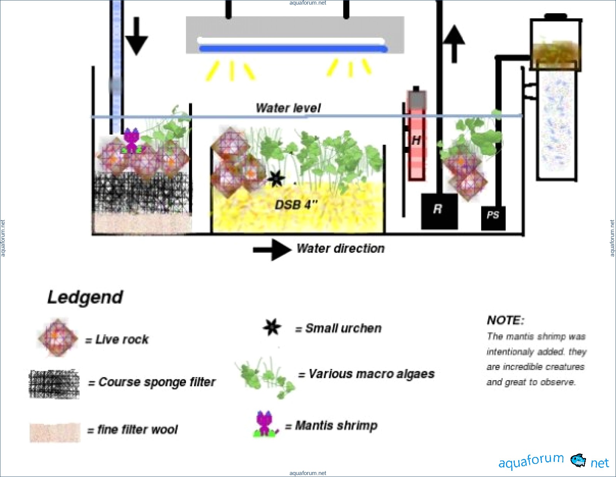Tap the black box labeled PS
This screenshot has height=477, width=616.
pyautogui.click(x=493, y=218)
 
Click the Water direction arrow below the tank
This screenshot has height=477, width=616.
pyautogui.click(x=272, y=249)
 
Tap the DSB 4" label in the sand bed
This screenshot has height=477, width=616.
pyautogui.click(x=296, y=204)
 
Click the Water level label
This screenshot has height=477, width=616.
pyautogui.click(x=288, y=108)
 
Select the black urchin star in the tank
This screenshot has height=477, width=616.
pyautogui.click(x=276, y=178)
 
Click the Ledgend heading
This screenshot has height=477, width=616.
pyautogui.click(x=85, y=298)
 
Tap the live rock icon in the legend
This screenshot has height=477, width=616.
pyautogui.click(x=58, y=338)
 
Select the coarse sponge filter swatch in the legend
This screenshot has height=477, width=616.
pyautogui.click(x=54, y=384)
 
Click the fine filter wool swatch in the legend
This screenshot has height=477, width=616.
pyautogui.click(x=55, y=432)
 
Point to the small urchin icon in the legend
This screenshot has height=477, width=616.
pyautogui.click(x=272, y=327)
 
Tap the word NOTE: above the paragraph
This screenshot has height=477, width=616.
pyautogui.click(x=505, y=320)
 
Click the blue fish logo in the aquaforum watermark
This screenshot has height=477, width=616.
pyautogui.click(x=577, y=460)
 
